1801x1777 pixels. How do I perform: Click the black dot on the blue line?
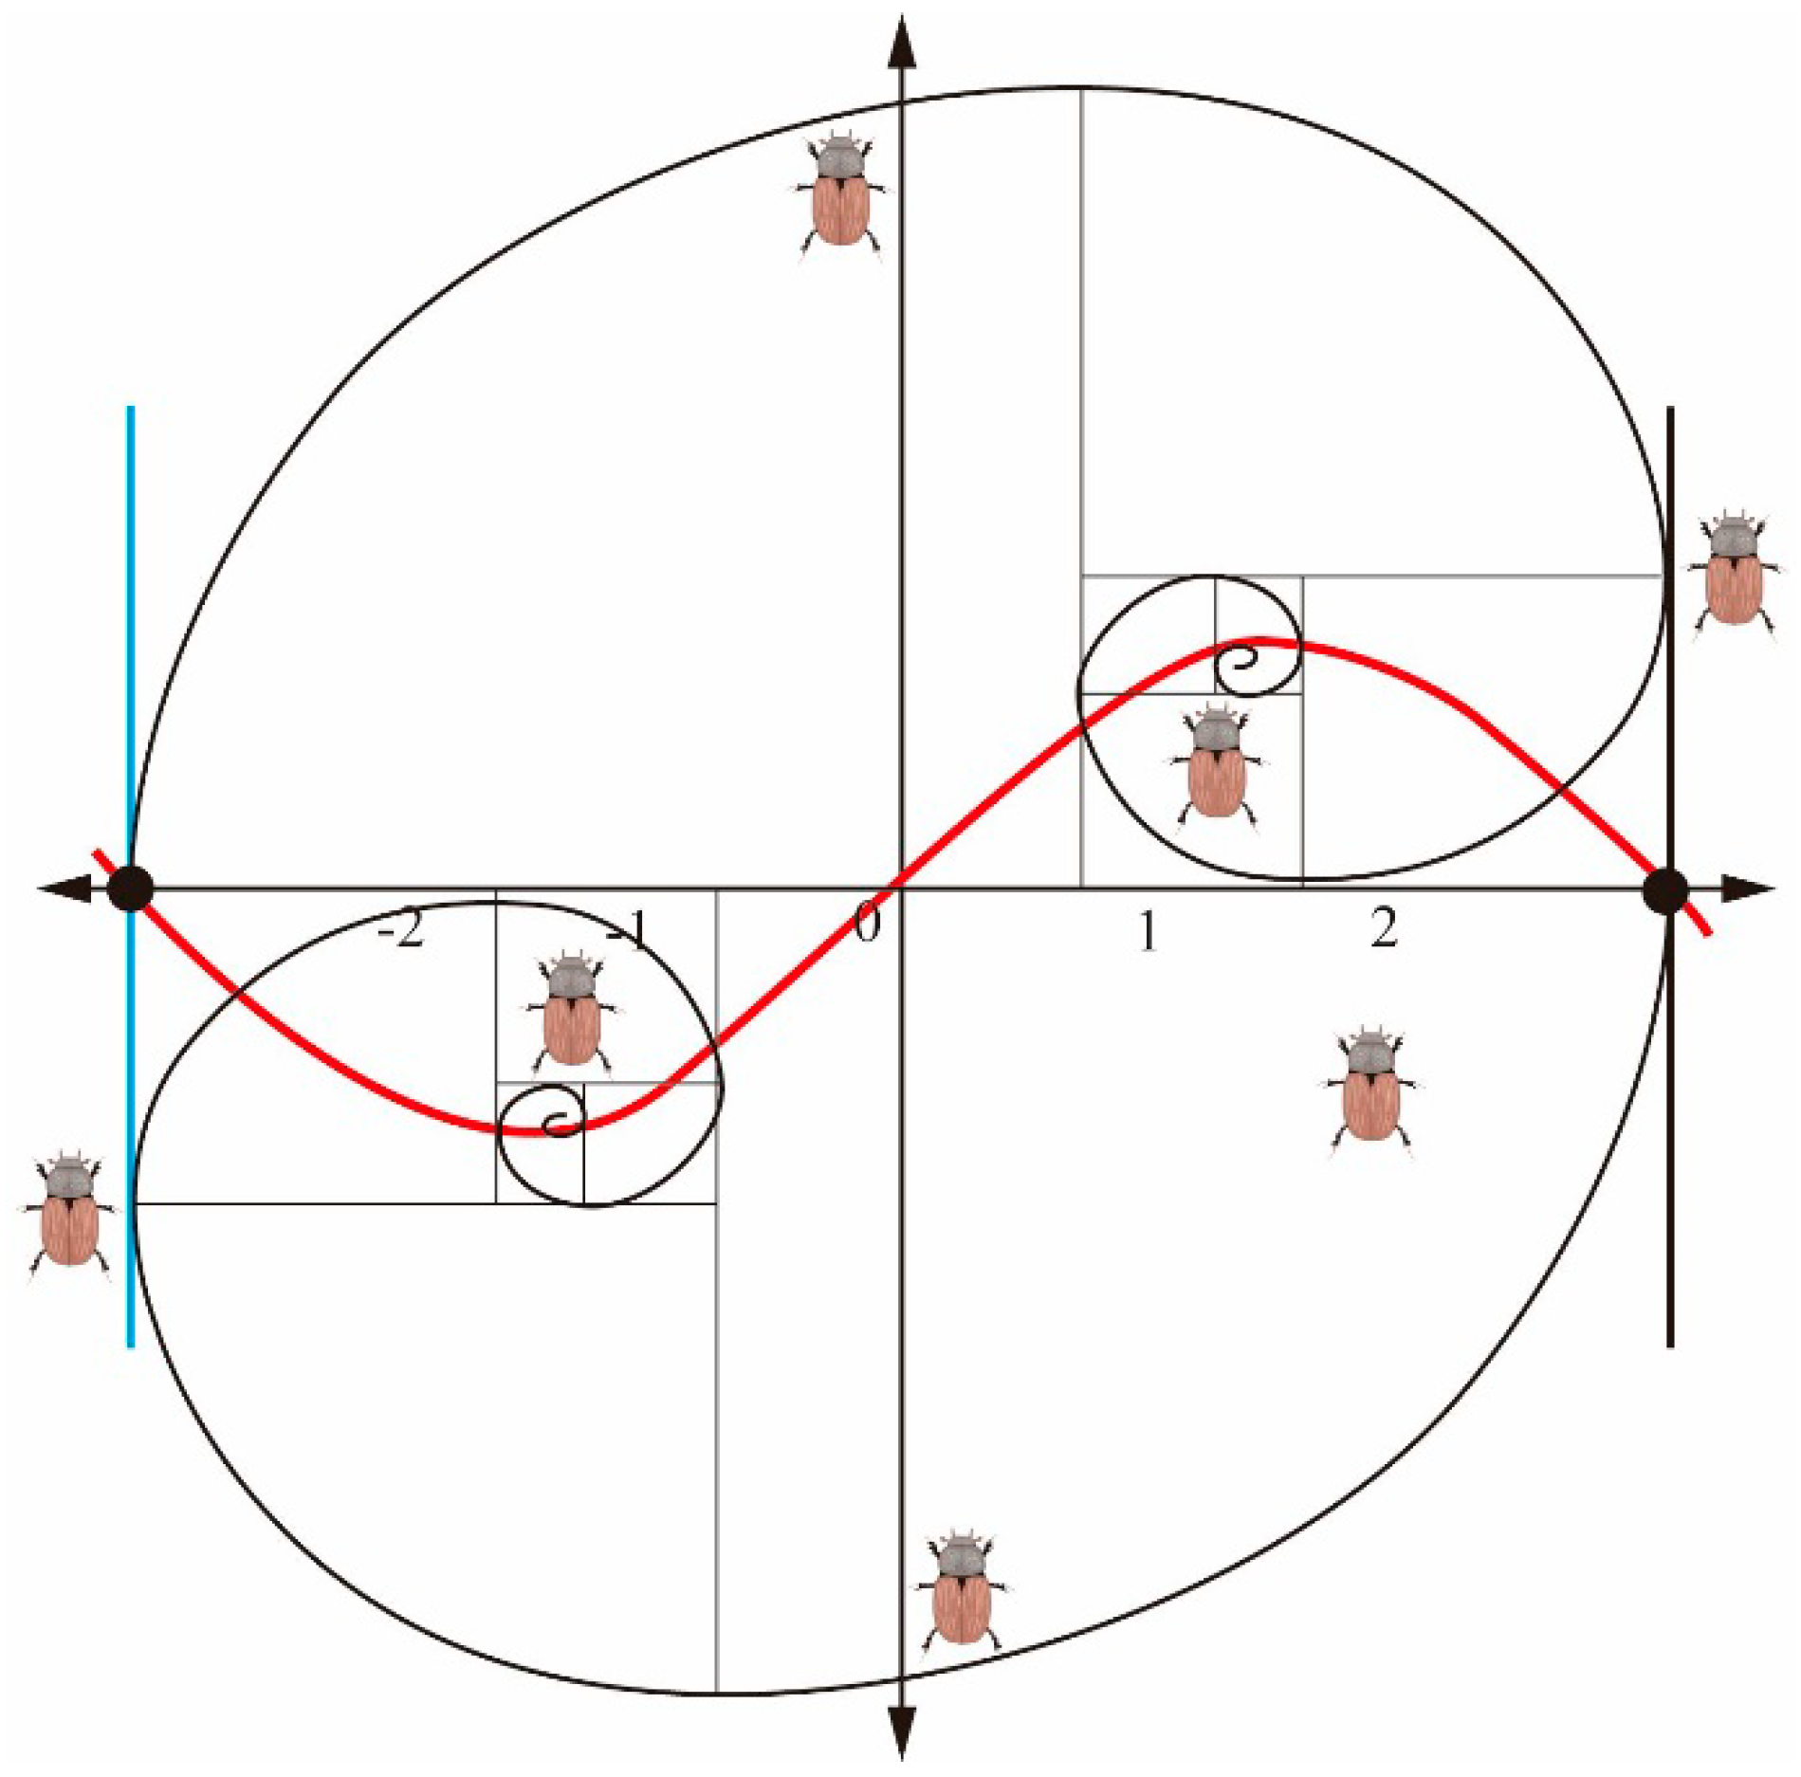click(130, 889)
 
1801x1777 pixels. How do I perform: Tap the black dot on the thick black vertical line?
click(1665, 890)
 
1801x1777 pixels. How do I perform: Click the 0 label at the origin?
click(866, 925)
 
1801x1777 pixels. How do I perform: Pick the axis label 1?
click(1148, 930)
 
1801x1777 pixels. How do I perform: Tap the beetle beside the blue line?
click(69, 1214)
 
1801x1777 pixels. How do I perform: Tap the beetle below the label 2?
click(1370, 1089)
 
